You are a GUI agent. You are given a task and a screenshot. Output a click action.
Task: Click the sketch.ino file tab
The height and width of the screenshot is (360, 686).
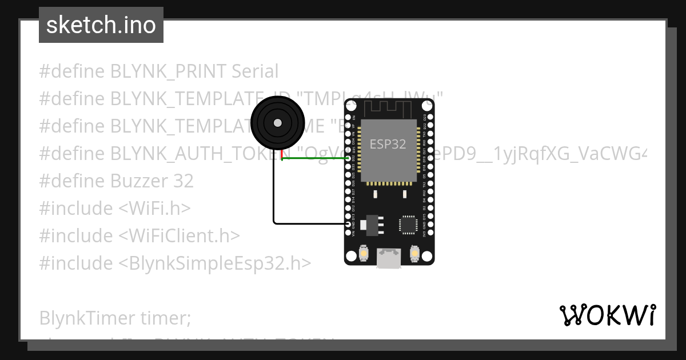(101, 25)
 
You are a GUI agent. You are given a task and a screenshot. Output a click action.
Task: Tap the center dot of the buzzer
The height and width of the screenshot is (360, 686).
(277, 122)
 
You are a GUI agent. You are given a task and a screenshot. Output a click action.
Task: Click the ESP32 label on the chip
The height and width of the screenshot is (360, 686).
(388, 143)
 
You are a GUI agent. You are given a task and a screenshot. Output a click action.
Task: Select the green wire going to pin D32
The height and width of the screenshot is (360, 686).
(314, 159)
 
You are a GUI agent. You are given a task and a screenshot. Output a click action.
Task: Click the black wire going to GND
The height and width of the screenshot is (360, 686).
(274, 194)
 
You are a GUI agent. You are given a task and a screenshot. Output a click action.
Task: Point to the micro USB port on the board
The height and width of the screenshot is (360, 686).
(389, 258)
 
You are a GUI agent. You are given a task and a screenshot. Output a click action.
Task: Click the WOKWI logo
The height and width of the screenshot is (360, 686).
(608, 315)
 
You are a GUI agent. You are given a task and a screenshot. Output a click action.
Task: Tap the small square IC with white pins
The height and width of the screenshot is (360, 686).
(409, 224)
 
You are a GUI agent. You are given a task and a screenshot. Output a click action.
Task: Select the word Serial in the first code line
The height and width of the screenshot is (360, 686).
(255, 71)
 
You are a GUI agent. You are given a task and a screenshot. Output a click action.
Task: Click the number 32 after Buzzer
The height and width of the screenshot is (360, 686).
(183, 181)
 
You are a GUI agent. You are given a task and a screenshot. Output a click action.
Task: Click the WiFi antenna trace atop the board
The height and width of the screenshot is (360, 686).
(389, 107)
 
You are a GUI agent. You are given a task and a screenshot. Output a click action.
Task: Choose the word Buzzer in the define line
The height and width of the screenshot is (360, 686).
(138, 181)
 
